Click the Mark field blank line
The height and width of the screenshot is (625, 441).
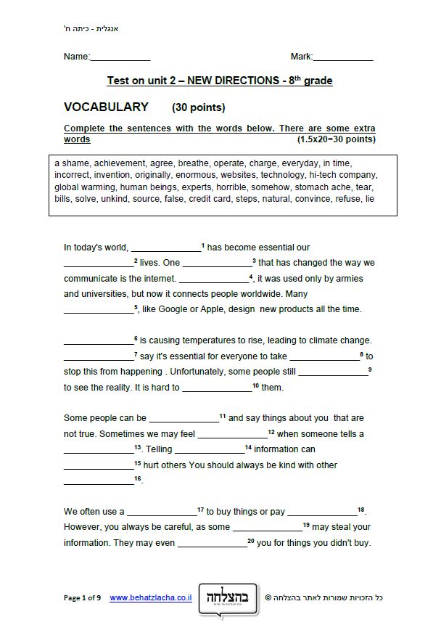(x=342, y=57)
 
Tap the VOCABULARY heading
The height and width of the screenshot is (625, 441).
(x=106, y=107)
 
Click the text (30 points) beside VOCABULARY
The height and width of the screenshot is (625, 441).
(x=199, y=108)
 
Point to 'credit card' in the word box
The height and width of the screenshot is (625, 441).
(x=210, y=198)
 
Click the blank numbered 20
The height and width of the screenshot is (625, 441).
(x=212, y=544)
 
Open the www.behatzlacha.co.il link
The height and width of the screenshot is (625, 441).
(x=151, y=598)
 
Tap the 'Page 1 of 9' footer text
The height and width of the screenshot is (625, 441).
(x=82, y=598)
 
